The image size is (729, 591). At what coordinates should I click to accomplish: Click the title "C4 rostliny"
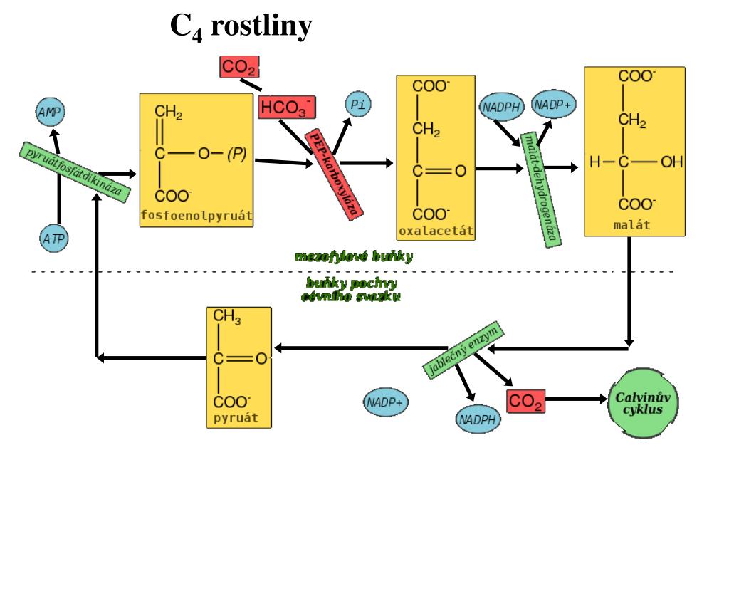pyautogui.click(x=241, y=28)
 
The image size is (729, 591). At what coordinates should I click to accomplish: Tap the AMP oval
pyautogui.click(x=49, y=111)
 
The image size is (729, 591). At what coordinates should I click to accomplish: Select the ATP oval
pyautogui.click(x=53, y=239)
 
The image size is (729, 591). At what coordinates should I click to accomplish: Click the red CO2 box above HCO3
pyautogui.click(x=238, y=68)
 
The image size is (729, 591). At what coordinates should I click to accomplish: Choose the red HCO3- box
pyautogui.click(x=286, y=108)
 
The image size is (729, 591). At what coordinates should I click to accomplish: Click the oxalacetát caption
pyautogui.click(x=436, y=231)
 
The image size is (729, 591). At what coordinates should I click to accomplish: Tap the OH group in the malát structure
pyautogui.click(x=671, y=163)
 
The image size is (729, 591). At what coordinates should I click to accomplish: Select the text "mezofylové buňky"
pyautogui.click(x=354, y=256)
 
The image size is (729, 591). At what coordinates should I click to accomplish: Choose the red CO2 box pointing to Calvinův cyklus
pyautogui.click(x=525, y=402)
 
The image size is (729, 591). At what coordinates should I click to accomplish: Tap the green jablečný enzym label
pyautogui.click(x=463, y=349)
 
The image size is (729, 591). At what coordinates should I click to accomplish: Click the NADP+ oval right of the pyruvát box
pyautogui.click(x=384, y=402)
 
